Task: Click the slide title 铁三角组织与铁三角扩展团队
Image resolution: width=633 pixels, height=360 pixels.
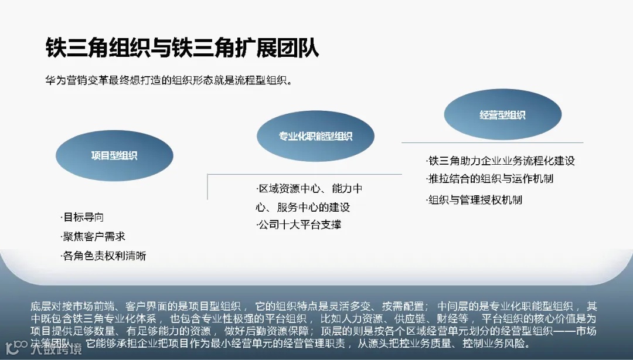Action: pos(182,47)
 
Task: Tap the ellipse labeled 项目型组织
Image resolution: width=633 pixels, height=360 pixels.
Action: pos(114,155)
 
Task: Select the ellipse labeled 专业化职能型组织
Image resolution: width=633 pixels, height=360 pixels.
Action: pos(315,136)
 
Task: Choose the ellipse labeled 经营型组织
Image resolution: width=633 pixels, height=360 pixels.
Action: pos(502,115)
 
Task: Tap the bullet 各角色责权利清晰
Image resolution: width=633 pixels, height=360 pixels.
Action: pos(104,256)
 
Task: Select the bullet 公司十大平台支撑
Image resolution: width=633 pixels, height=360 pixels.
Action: pos(299,225)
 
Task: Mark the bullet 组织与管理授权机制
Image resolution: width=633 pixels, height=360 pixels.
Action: pos(474,200)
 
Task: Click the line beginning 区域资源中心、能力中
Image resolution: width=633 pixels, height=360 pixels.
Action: pos(309,189)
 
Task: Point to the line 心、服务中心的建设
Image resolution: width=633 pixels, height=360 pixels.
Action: pos(302,207)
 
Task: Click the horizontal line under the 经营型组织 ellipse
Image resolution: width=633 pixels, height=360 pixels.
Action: pos(492,142)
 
